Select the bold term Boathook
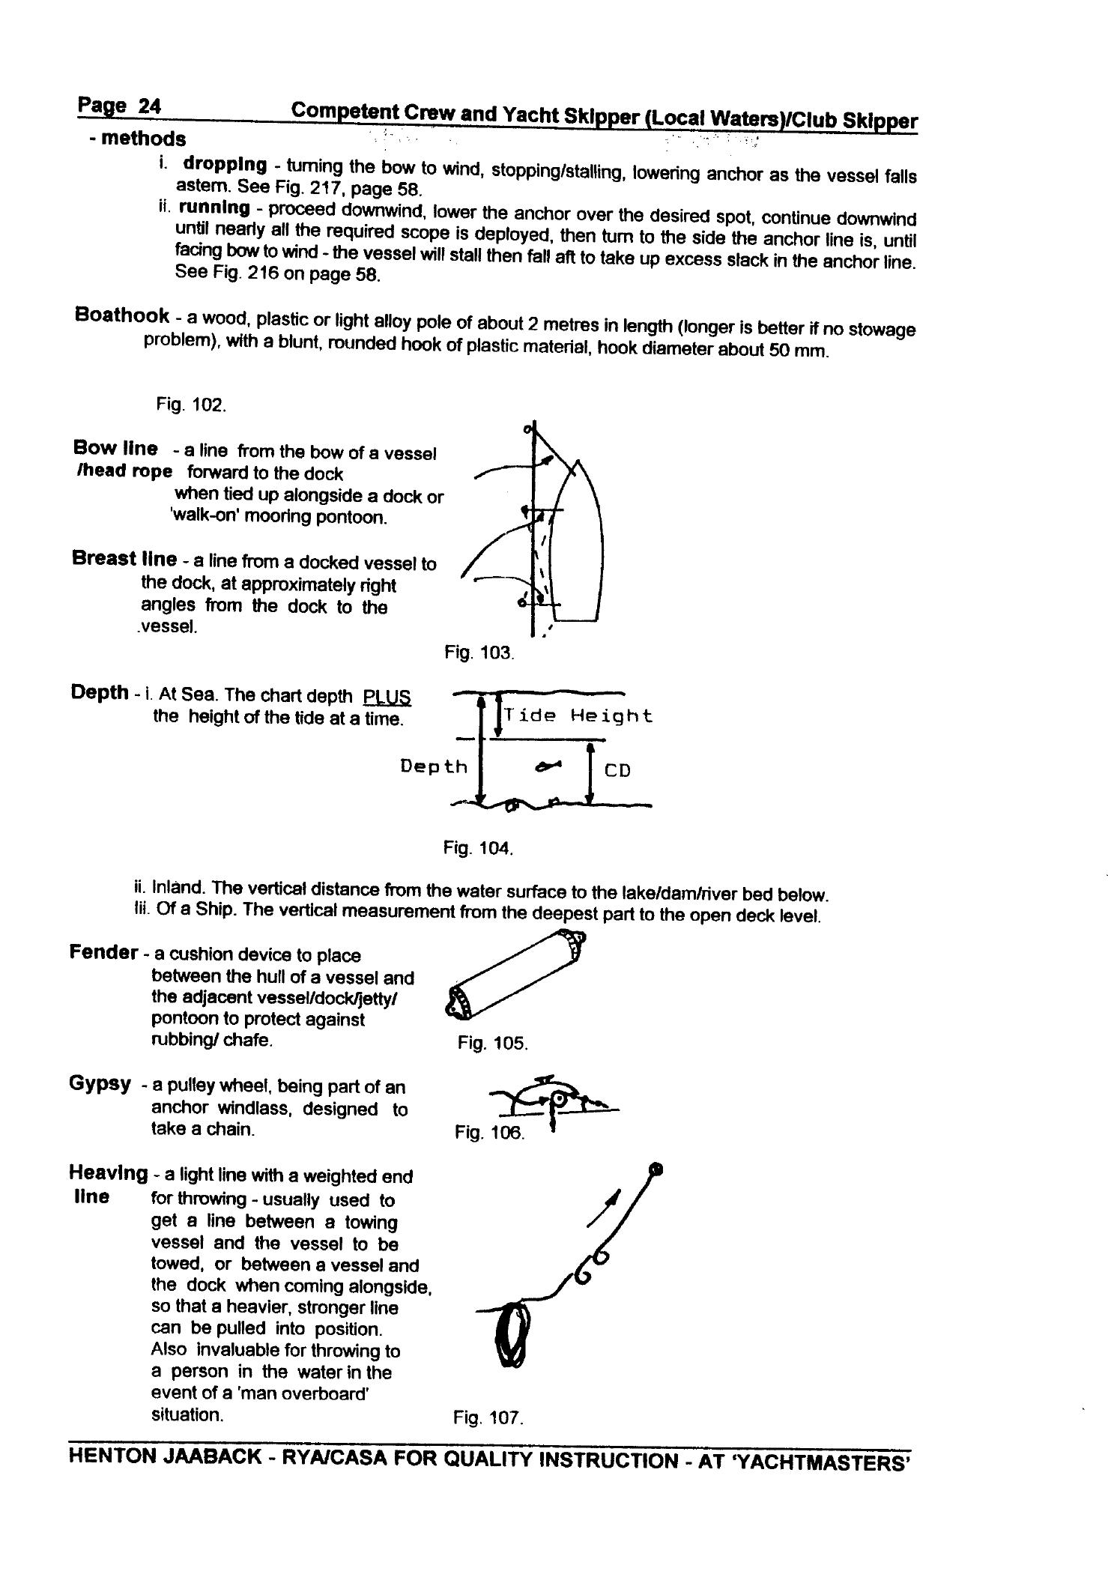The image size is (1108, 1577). click(121, 314)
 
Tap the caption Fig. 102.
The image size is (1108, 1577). click(190, 405)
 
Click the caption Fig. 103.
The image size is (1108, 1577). click(479, 653)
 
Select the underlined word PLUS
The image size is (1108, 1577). click(387, 697)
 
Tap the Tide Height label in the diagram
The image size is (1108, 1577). click(578, 715)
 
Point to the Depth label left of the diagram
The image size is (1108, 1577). click(433, 766)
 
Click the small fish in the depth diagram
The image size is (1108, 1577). click(548, 766)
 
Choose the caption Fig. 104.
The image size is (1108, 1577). click(477, 848)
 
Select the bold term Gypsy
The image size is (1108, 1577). click(100, 1084)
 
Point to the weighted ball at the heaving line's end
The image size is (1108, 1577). click(657, 1168)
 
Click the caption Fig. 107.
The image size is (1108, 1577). click(487, 1417)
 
